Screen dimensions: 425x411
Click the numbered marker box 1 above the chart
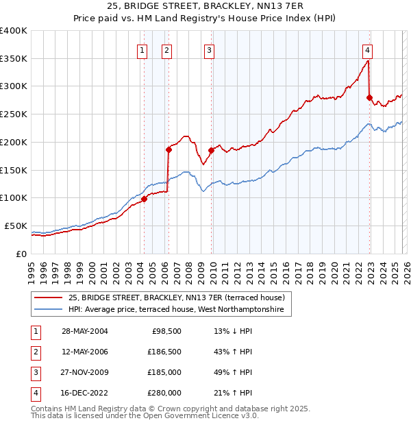pyautogui.click(x=142, y=49)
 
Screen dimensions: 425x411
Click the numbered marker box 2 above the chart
pyautogui.click(x=166, y=49)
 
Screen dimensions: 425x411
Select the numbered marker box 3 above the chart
pyautogui.click(x=208, y=49)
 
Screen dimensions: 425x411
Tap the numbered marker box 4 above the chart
pyautogui.click(x=367, y=49)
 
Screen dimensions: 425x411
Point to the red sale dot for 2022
pyautogui.click(x=369, y=97)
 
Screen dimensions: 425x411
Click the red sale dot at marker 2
pyautogui.click(x=168, y=149)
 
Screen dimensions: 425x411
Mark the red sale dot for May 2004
pyautogui.click(x=144, y=199)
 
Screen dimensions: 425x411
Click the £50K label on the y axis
pyautogui.click(x=16, y=226)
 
